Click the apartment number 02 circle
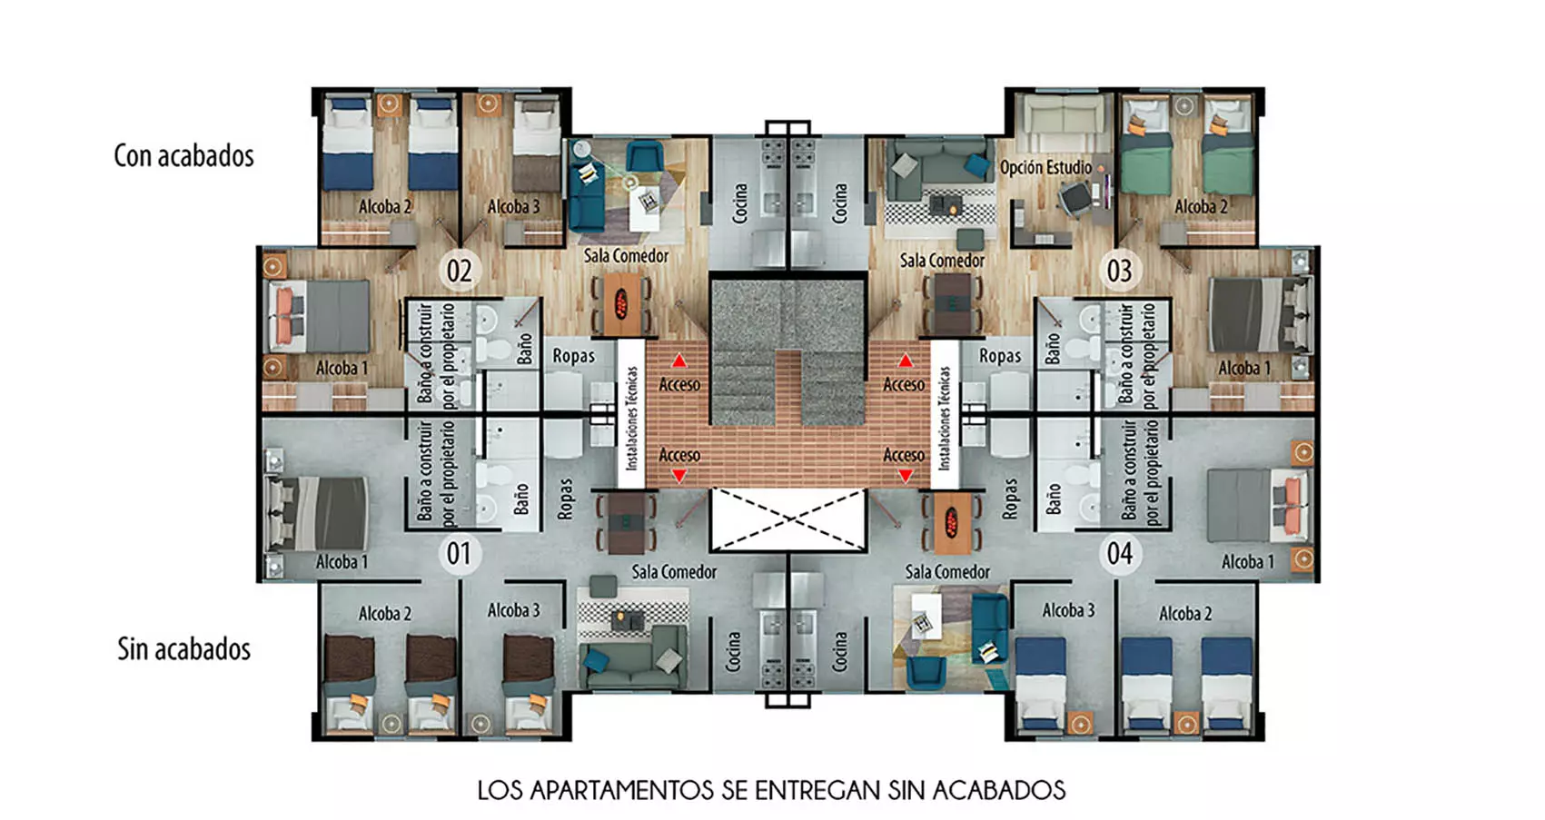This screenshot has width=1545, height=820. (460, 271)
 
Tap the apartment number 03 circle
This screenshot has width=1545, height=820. (1119, 271)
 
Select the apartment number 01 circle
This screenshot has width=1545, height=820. (460, 554)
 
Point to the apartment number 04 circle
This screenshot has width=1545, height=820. (1119, 554)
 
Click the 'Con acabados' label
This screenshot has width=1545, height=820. (184, 156)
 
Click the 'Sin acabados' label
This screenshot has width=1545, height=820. (184, 649)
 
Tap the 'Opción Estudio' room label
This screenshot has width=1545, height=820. (1045, 168)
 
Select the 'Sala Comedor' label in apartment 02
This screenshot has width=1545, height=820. (627, 256)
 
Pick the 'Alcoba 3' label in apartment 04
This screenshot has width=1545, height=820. (1068, 610)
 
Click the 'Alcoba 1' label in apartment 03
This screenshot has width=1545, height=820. (1244, 369)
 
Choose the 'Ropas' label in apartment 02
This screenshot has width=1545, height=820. (573, 356)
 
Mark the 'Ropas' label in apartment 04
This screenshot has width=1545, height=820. (1009, 498)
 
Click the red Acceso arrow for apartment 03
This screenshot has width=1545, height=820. (905, 361)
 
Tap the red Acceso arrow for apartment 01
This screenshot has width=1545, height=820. (679, 475)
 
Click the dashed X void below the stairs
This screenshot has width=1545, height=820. (787, 519)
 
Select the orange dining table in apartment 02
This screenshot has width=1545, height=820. (620, 303)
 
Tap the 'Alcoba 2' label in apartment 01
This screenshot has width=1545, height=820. (384, 614)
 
